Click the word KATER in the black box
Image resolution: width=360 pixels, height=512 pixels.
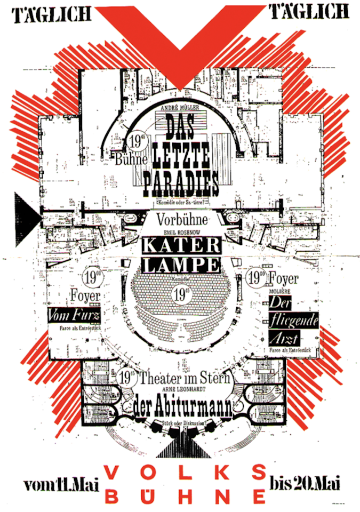tap(181, 246)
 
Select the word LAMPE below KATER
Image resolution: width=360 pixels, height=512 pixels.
tap(181, 265)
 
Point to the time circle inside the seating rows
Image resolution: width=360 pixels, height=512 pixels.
tap(180, 292)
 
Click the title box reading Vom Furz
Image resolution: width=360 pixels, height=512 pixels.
tap(74, 315)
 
